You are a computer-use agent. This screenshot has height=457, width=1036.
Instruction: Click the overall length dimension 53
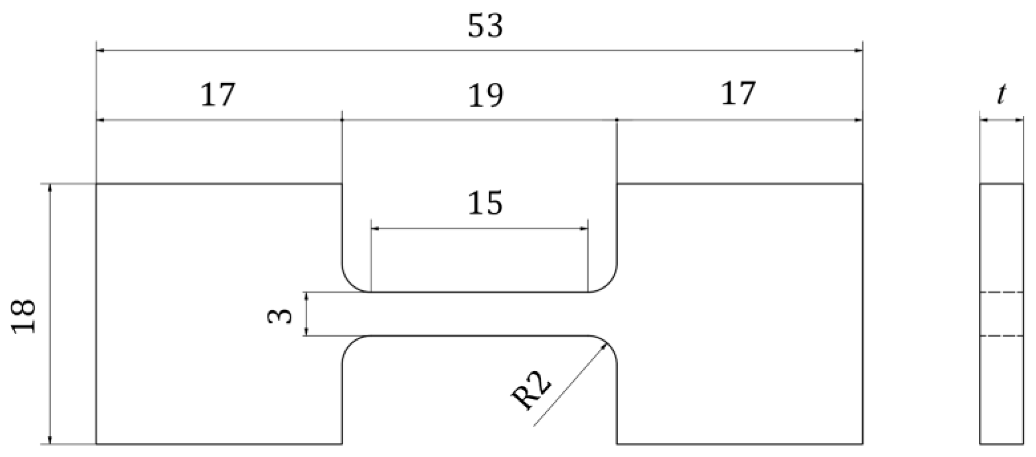[x=486, y=26]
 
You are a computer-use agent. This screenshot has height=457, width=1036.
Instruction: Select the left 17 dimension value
[x=218, y=94]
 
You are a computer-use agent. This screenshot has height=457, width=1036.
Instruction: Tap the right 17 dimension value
[x=738, y=93]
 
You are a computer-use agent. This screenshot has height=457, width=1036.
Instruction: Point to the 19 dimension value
[x=486, y=95]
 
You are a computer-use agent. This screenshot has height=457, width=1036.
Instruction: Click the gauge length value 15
[x=486, y=203]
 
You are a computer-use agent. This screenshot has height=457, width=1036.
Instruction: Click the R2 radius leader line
[x=570, y=385]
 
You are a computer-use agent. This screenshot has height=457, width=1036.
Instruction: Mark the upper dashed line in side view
[x=1002, y=292]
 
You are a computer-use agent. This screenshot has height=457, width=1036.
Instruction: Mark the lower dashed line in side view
[x=1002, y=336]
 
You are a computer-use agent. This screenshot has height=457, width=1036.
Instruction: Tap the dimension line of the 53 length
[x=479, y=50]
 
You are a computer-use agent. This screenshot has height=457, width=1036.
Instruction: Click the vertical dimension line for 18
[x=50, y=314]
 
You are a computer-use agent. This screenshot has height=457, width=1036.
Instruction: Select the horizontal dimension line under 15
[x=479, y=229]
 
